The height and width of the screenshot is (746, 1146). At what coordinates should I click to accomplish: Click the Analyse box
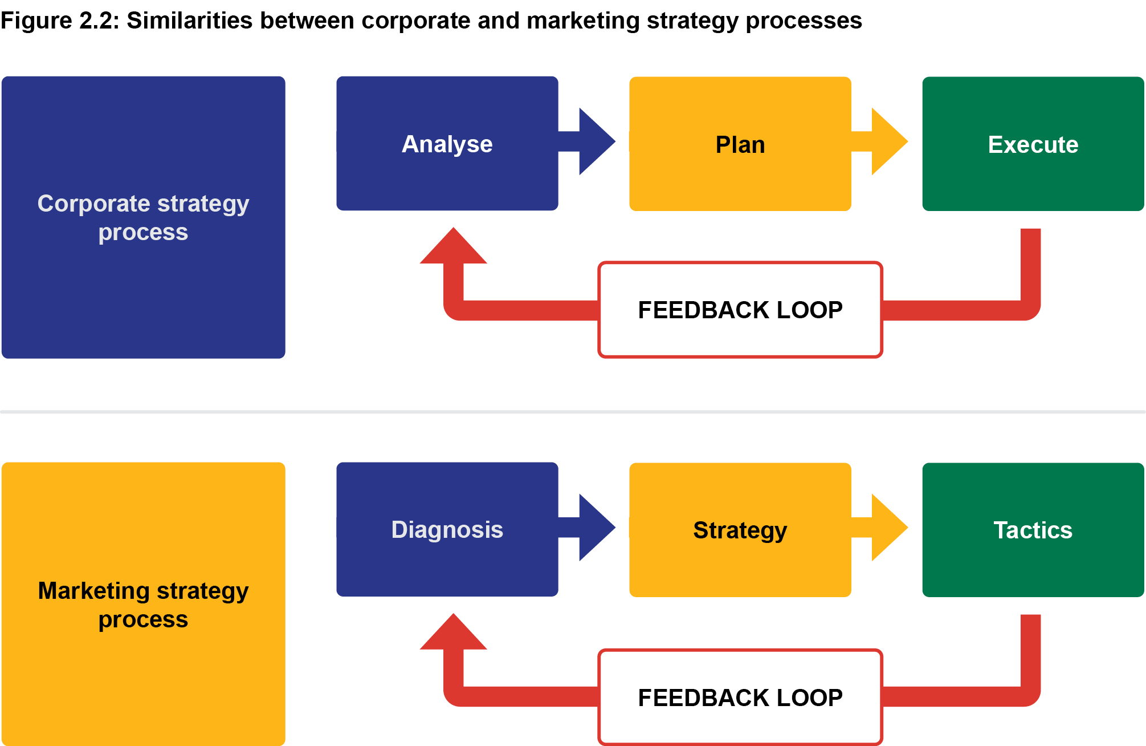point(447,144)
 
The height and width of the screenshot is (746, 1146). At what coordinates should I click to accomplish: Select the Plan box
point(740,144)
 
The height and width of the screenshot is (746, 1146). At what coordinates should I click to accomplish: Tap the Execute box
point(1033,144)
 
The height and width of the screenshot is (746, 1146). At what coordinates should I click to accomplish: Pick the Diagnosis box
point(447,529)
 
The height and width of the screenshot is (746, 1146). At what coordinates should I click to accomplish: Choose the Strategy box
point(740,530)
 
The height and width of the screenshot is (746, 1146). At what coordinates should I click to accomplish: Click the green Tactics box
point(1033,530)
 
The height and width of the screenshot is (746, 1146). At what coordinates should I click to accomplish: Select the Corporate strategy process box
point(143,217)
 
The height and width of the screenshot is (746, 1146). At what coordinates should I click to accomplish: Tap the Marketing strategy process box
point(143,604)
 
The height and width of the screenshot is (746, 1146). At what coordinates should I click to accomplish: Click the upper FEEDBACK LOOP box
point(740,310)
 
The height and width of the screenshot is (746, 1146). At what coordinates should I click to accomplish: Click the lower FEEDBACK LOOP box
point(740,697)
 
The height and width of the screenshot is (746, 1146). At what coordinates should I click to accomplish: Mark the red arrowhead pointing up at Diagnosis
point(454,635)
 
